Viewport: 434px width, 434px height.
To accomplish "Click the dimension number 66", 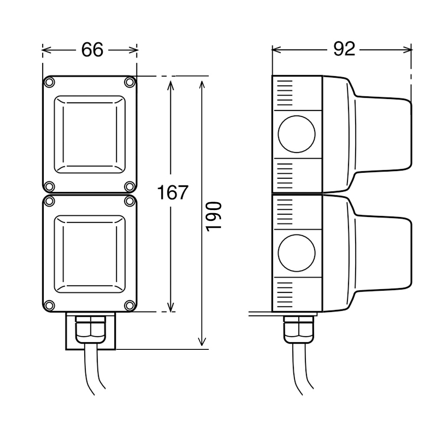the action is [92, 50].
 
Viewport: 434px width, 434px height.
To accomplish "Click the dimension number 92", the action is [344, 49].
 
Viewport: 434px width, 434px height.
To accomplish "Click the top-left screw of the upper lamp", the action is [49, 82].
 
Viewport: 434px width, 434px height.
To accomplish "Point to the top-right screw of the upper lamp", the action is [129, 82].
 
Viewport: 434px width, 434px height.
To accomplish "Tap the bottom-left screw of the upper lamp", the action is [49, 187].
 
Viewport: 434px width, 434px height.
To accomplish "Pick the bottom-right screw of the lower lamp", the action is [129, 306].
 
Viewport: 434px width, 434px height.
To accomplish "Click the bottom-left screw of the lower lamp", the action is [49, 306].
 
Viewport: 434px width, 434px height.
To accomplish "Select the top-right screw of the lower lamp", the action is [129, 201].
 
